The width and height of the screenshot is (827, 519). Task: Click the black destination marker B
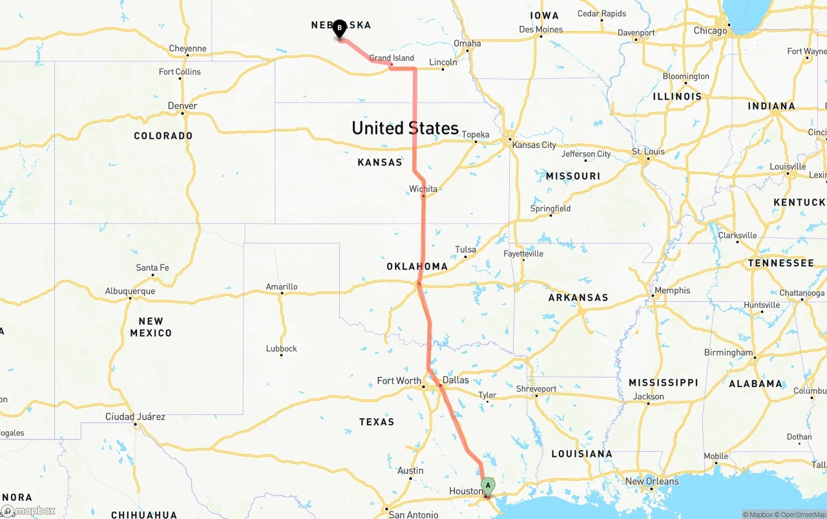click(x=339, y=28)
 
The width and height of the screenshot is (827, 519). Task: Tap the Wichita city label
click(x=423, y=189)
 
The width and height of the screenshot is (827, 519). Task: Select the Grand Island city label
click(x=392, y=58)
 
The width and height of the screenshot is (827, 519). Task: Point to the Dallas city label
click(x=455, y=381)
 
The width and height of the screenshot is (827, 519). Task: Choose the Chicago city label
click(x=710, y=30)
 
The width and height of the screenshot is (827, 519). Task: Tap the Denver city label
click(x=182, y=106)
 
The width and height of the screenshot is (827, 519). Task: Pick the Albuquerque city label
click(x=130, y=291)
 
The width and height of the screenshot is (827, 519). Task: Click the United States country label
click(x=405, y=128)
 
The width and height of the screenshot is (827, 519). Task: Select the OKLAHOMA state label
click(x=417, y=266)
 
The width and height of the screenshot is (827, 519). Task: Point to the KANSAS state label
click(x=380, y=162)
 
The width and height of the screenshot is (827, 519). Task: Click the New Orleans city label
click(x=652, y=481)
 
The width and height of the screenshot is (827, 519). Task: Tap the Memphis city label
click(x=672, y=291)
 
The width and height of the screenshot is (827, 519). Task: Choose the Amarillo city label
click(x=282, y=286)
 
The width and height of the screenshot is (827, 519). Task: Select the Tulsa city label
click(x=465, y=249)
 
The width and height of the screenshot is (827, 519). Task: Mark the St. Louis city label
click(x=648, y=152)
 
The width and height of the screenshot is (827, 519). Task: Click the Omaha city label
click(x=467, y=43)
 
